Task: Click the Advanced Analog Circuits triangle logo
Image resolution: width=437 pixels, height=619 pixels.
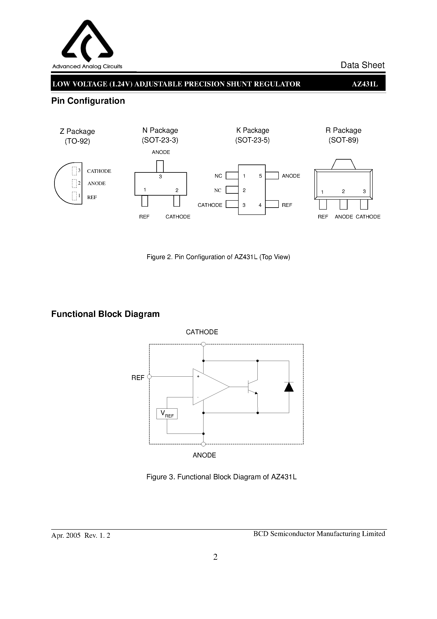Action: [87, 40]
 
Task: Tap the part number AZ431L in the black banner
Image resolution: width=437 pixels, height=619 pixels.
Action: [365, 84]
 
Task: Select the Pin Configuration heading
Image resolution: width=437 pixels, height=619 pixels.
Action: [88, 101]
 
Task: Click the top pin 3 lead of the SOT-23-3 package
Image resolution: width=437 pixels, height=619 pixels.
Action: [160, 166]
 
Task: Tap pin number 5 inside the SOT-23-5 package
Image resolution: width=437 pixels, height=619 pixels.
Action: [260, 176]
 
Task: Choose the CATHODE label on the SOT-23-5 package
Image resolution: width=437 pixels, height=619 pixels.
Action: [210, 205]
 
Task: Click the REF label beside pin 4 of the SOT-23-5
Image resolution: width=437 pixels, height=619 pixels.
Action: [287, 205]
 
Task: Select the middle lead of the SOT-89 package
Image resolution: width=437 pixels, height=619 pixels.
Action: [343, 204]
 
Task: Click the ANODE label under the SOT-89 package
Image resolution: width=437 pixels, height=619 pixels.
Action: [344, 217]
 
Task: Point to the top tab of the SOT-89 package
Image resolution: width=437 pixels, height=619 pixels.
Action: [343, 164]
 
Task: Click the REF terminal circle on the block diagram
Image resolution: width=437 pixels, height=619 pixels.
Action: [149, 377]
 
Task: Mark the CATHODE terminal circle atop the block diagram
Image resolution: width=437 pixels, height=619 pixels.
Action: [203, 344]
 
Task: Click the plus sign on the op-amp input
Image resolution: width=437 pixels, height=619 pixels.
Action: [198, 376]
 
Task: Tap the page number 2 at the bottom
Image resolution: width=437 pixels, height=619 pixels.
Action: [215, 557]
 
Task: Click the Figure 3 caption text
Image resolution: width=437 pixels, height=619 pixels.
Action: [221, 477]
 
